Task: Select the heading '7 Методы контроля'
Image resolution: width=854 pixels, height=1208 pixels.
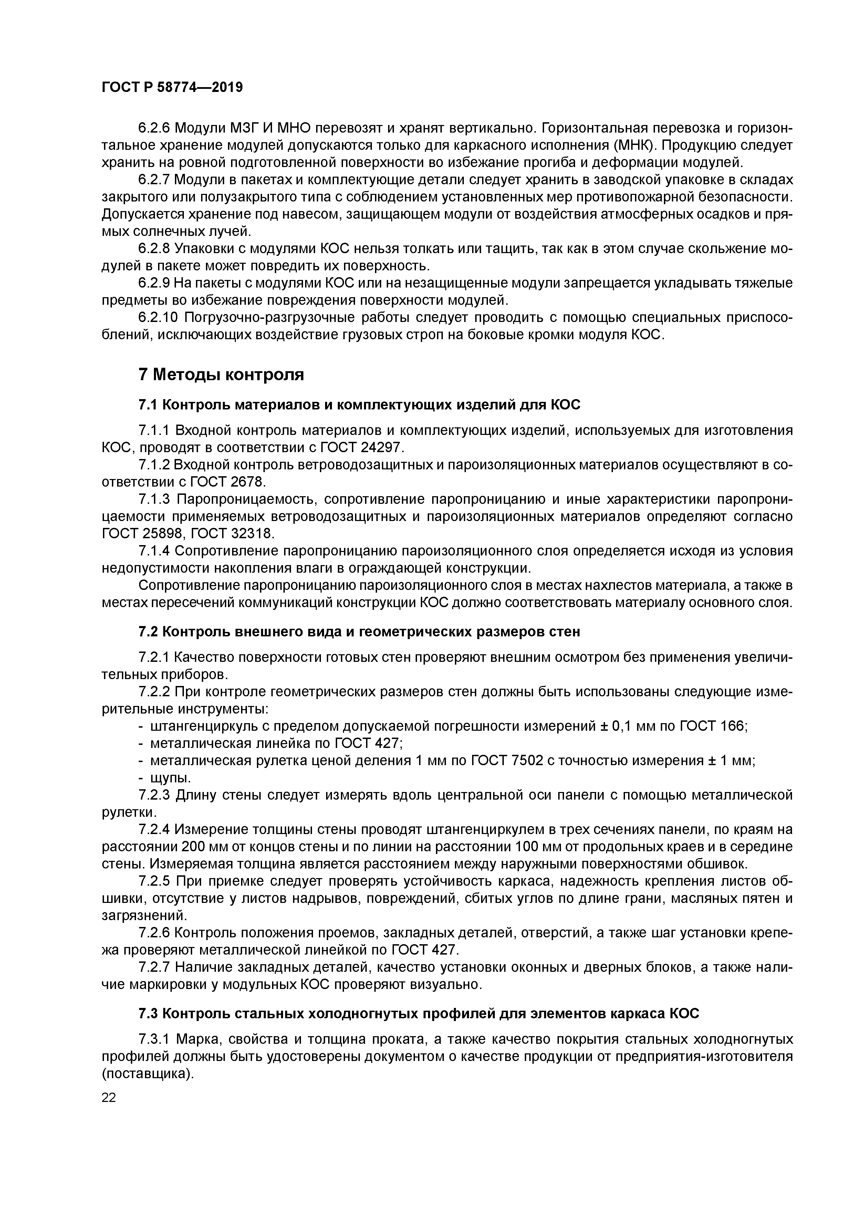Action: [x=221, y=375]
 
